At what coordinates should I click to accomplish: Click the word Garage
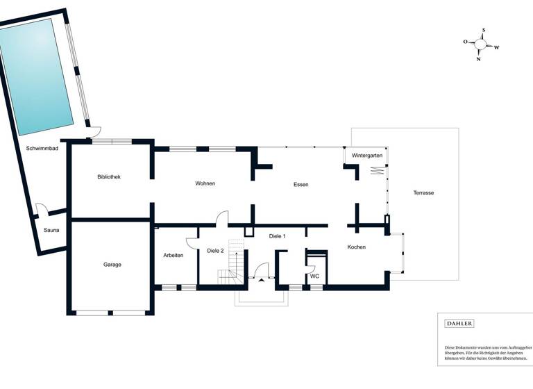pyautogui.click(x=112, y=264)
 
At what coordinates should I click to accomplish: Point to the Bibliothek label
pyautogui.click(x=109, y=177)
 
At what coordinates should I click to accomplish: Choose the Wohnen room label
pyautogui.click(x=205, y=183)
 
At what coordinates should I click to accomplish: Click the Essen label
pyautogui.click(x=301, y=184)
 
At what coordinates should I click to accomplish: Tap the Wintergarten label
pyautogui.click(x=366, y=155)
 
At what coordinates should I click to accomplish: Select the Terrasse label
pyautogui.click(x=423, y=192)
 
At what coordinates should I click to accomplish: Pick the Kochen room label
pyautogui.click(x=356, y=247)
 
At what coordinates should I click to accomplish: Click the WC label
pyautogui.click(x=314, y=276)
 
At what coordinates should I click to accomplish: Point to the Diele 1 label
pyautogui.click(x=278, y=236)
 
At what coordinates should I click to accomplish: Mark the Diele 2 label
pyautogui.click(x=215, y=250)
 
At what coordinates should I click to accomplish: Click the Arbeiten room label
pyautogui.click(x=174, y=255)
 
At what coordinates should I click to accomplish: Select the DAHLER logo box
pyautogui.click(x=459, y=324)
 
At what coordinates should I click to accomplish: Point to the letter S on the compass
pyautogui.click(x=484, y=31)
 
